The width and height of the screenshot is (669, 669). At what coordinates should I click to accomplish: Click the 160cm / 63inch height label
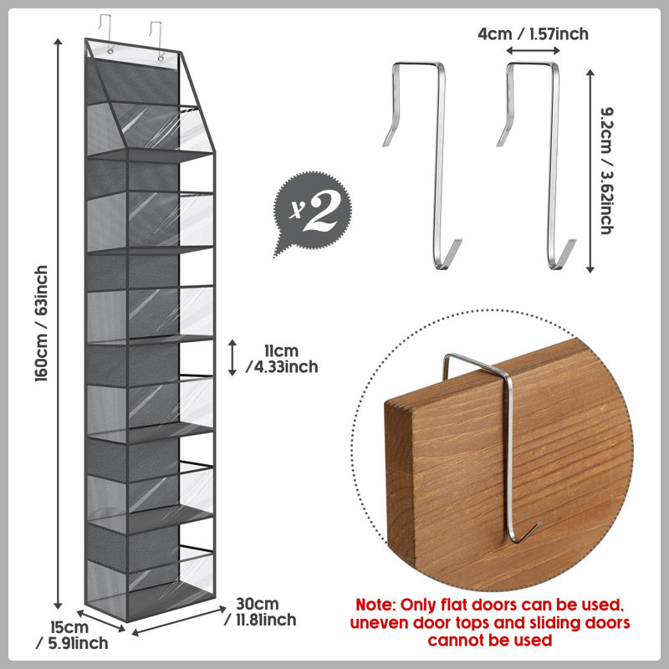pyautogui.click(x=41, y=324)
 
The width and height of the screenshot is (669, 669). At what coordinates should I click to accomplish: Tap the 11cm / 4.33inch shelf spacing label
pyautogui.click(x=283, y=359)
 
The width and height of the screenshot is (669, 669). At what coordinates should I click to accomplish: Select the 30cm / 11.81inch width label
pyautogui.click(x=260, y=611)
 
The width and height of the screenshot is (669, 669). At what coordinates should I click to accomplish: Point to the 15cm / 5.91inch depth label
pyautogui.click(x=72, y=636)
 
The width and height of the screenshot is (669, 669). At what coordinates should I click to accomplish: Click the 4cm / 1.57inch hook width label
pyautogui.click(x=533, y=33)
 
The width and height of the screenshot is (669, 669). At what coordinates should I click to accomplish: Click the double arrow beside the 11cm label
pyautogui.click(x=232, y=358)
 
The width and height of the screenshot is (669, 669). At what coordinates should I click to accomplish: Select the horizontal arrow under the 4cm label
pyautogui.click(x=533, y=51)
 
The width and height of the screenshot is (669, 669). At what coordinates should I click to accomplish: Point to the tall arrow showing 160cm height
pyautogui.click(x=58, y=324)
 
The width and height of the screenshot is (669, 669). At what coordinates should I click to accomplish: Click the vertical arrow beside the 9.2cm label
pyautogui.click(x=590, y=171)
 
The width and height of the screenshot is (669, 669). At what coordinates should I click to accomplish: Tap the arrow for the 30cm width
pyautogui.click(x=179, y=620)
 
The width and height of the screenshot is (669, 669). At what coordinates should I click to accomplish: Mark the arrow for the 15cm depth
pyautogui.click(x=101, y=620)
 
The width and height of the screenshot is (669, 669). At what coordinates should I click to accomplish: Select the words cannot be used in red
pyautogui.click(x=490, y=641)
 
